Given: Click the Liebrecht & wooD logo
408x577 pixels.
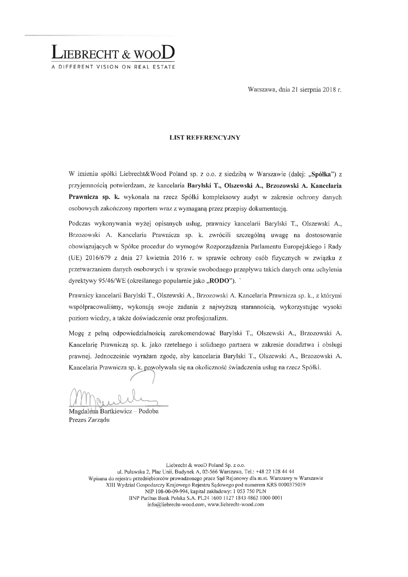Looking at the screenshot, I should (x=113, y=52).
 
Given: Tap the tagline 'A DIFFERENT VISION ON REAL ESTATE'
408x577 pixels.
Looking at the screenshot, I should (x=113, y=67).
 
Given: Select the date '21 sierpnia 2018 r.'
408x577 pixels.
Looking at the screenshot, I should (x=316, y=90).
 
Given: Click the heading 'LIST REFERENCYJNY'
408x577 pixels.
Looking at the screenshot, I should (x=205, y=138).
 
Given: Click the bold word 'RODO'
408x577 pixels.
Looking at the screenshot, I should (x=219, y=281).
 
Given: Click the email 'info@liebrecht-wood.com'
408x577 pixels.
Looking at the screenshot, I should (x=176, y=505).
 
